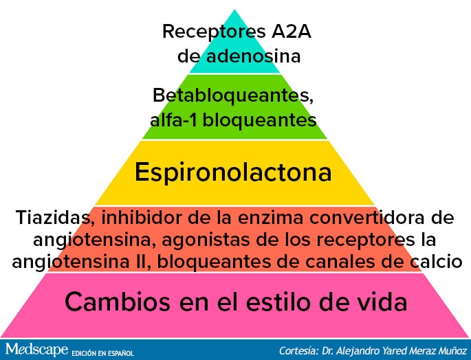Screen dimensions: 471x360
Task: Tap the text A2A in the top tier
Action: pos(292,31)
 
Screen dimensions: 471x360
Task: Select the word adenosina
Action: pos(253,56)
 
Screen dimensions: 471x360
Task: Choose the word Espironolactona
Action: pos(233,172)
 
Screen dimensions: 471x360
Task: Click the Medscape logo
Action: pos(36,350)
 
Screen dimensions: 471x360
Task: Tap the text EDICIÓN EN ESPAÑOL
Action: pos(102,353)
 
